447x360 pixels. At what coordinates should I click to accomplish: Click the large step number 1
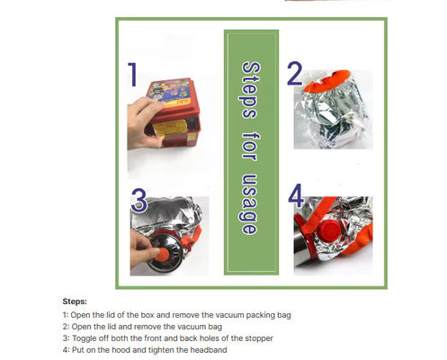tap(132, 75)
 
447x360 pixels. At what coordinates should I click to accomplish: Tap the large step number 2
tap(295, 73)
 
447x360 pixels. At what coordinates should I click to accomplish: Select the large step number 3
tap(139, 201)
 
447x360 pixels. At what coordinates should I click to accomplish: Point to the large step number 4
tap(296, 195)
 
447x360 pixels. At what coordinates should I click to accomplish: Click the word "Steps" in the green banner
tap(251, 90)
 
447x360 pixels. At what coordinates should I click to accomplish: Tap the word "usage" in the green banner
tap(249, 204)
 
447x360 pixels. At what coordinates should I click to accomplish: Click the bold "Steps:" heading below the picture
tap(75, 301)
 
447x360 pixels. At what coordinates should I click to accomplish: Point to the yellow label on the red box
tap(169, 127)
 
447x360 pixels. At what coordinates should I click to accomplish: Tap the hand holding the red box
tap(145, 123)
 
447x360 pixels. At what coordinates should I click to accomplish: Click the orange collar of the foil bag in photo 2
tap(326, 80)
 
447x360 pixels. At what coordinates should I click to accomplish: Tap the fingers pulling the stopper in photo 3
tap(143, 248)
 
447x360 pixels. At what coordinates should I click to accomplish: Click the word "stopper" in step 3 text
tap(259, 338)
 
